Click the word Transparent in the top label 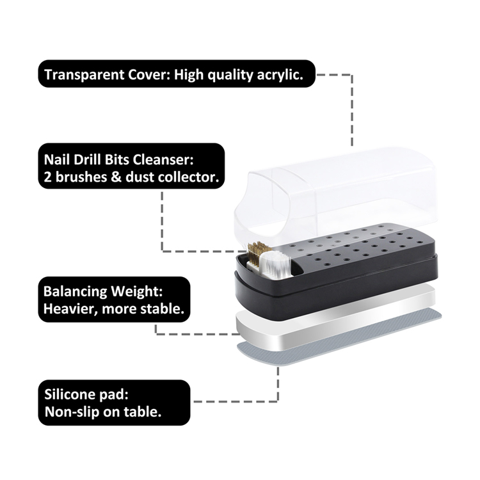(x=84, y=74)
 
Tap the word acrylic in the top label (x=280, y=75)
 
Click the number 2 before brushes (x=47, y=177)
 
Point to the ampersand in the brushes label (x=116, y=177)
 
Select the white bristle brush (x=275, y=265)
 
